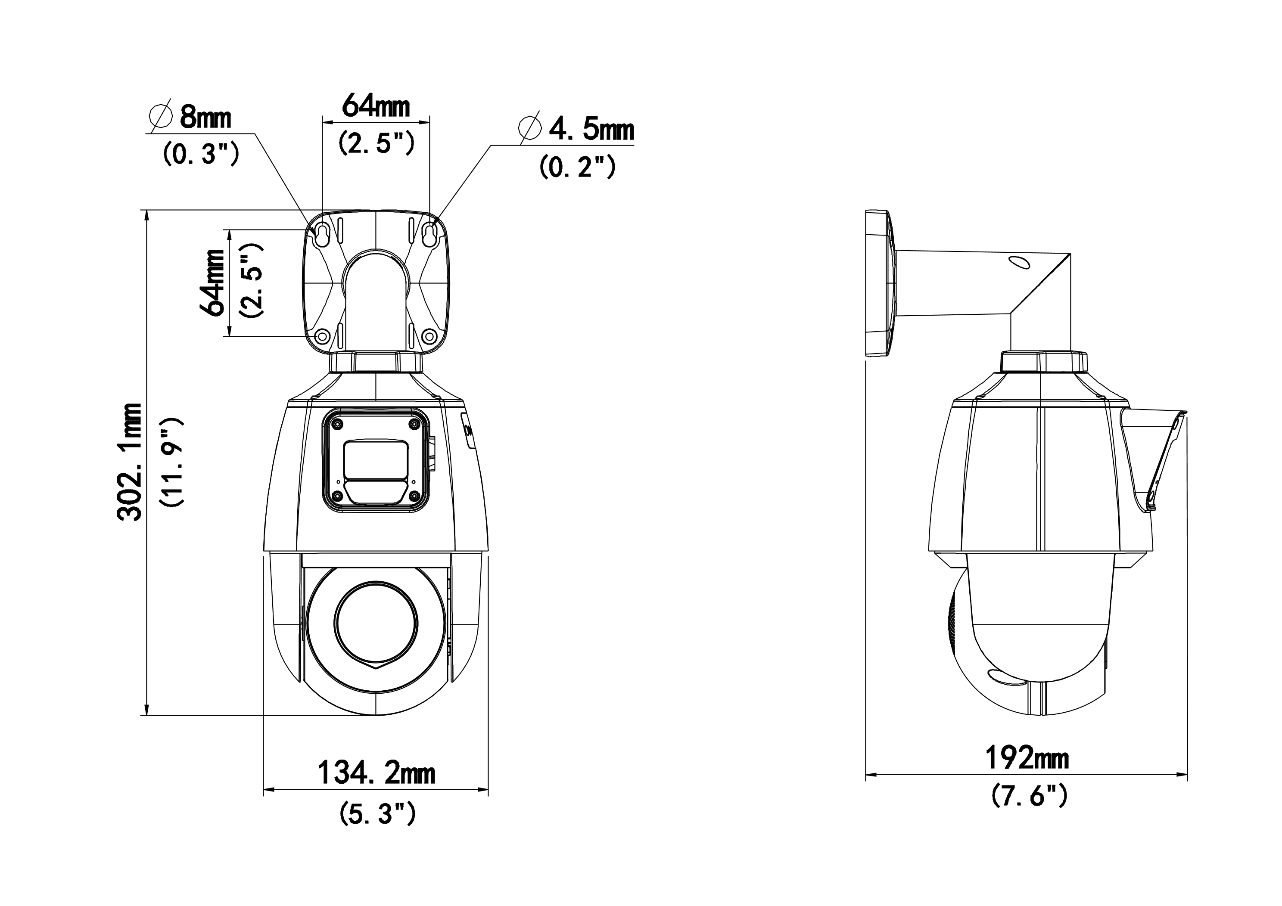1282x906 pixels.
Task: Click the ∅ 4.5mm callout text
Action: tap(576, 129)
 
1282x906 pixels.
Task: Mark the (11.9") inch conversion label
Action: tap(171, 462)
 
